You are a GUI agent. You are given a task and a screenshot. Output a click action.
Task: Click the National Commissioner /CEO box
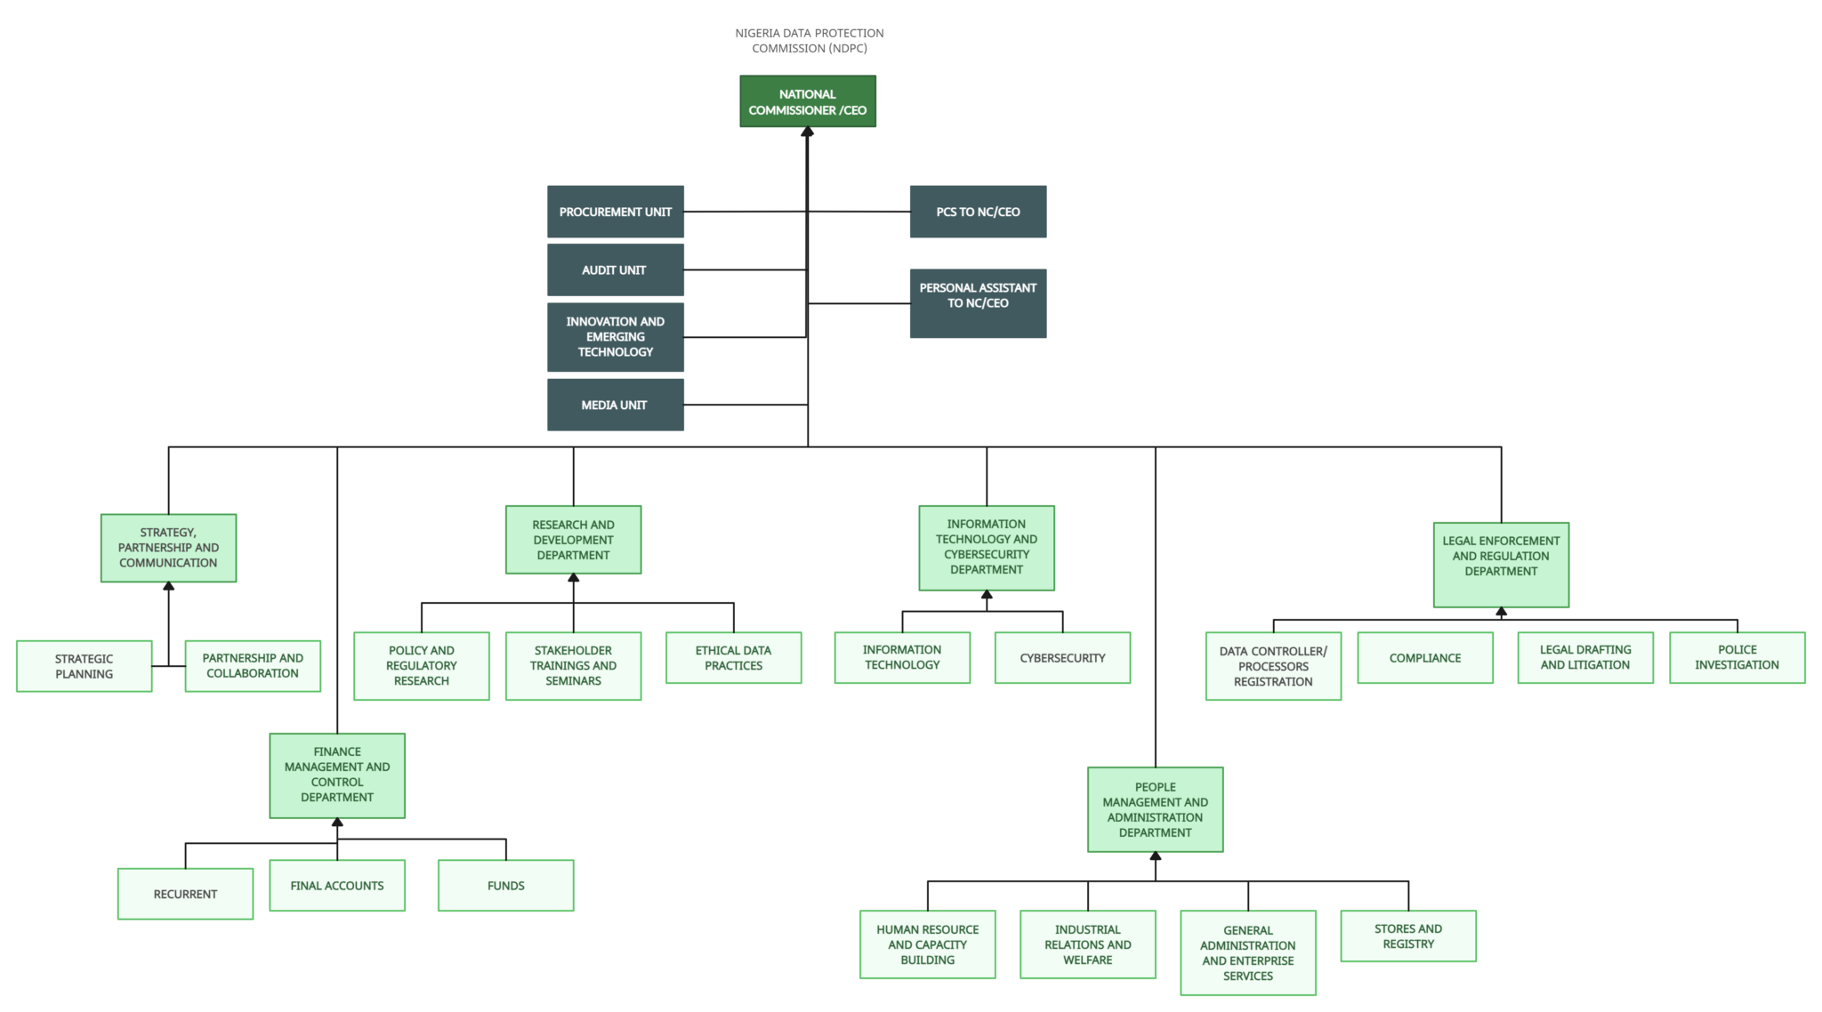tap(808, 101)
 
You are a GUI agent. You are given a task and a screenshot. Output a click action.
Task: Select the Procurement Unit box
tap(616, 212)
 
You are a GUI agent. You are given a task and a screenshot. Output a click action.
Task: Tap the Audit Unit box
tap(616, 269)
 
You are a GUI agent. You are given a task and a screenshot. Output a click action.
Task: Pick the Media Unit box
tap(616, 405)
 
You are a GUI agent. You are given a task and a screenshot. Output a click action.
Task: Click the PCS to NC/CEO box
tap(978, 212)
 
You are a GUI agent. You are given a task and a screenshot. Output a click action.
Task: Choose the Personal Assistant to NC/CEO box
tap(978, 303)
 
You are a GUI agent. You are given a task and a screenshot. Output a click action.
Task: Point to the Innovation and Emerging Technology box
tap(616, 337)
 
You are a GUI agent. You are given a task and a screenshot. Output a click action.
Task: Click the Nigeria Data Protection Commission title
tap(810, 41)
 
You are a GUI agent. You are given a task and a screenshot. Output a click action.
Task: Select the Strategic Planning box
tap(84, 666)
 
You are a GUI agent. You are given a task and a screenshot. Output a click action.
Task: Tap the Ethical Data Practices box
tap(733, 658)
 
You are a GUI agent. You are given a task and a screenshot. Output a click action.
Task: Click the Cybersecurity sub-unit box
tap(1062, 658)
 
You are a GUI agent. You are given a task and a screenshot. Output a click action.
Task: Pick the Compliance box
tap(1425, 658)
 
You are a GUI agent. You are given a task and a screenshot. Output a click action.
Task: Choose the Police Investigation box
tap(1737, 658)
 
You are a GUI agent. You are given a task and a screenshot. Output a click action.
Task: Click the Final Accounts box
tap(337, 886)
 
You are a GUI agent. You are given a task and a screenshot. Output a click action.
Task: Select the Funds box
tap(505, 886)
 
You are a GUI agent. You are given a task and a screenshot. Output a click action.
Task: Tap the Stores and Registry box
tap(1408, 936)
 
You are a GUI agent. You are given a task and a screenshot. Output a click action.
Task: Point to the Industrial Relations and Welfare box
tap(1088, 944)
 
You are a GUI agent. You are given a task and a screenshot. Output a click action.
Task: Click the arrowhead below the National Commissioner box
tap(808, 133)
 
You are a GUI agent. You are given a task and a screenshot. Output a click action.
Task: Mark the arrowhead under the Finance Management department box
tap(337, 823)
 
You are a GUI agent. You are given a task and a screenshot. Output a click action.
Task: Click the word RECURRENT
tap(185, 894)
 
